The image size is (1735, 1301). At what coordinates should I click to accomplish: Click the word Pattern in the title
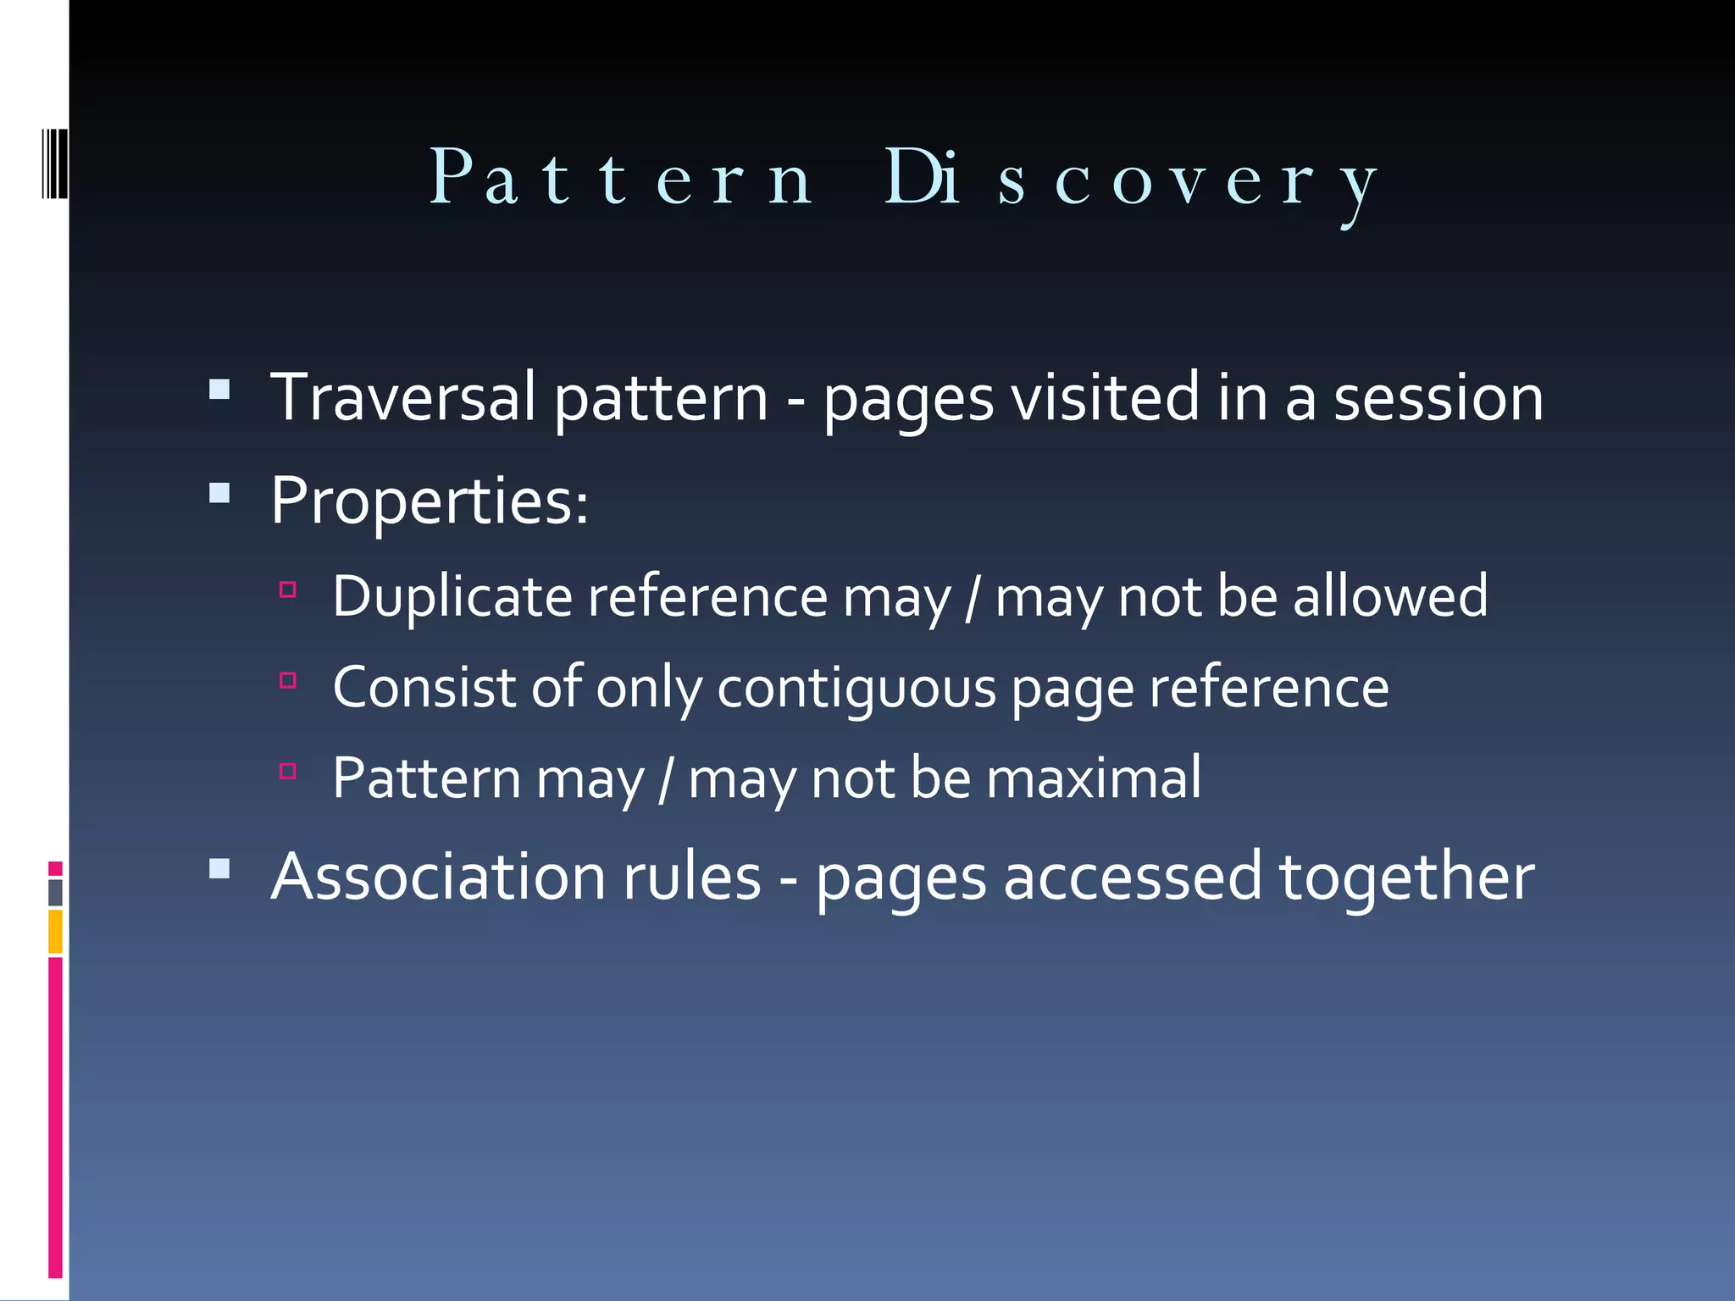click(x=621, y=178)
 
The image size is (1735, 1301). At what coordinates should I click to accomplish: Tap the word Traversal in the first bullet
click(x=402, y=397)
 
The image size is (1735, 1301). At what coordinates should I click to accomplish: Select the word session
click(x=1438, y=397)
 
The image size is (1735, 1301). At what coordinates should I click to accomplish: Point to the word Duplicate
click(x=452, y=596)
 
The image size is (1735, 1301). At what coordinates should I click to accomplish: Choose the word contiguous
click(x=856, y=687)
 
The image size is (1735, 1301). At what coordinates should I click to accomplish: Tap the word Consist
click(x=424, y=687)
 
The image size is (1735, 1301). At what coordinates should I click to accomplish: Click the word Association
click(x=437, y=876)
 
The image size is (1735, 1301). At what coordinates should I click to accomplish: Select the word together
click(x=1406, y=877)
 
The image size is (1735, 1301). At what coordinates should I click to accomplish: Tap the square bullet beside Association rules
click(x=219, y=868)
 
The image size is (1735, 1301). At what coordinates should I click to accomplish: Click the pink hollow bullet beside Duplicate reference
click(x=288, y=590)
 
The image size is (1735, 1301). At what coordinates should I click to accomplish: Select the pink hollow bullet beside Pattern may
click(x=288, y=771)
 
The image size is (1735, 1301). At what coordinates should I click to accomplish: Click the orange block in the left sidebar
click(x=55, y=931)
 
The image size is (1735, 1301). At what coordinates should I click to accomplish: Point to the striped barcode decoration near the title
click(x=55, y=163)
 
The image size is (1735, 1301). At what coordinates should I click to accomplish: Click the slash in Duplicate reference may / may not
click(x=973, y=598)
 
